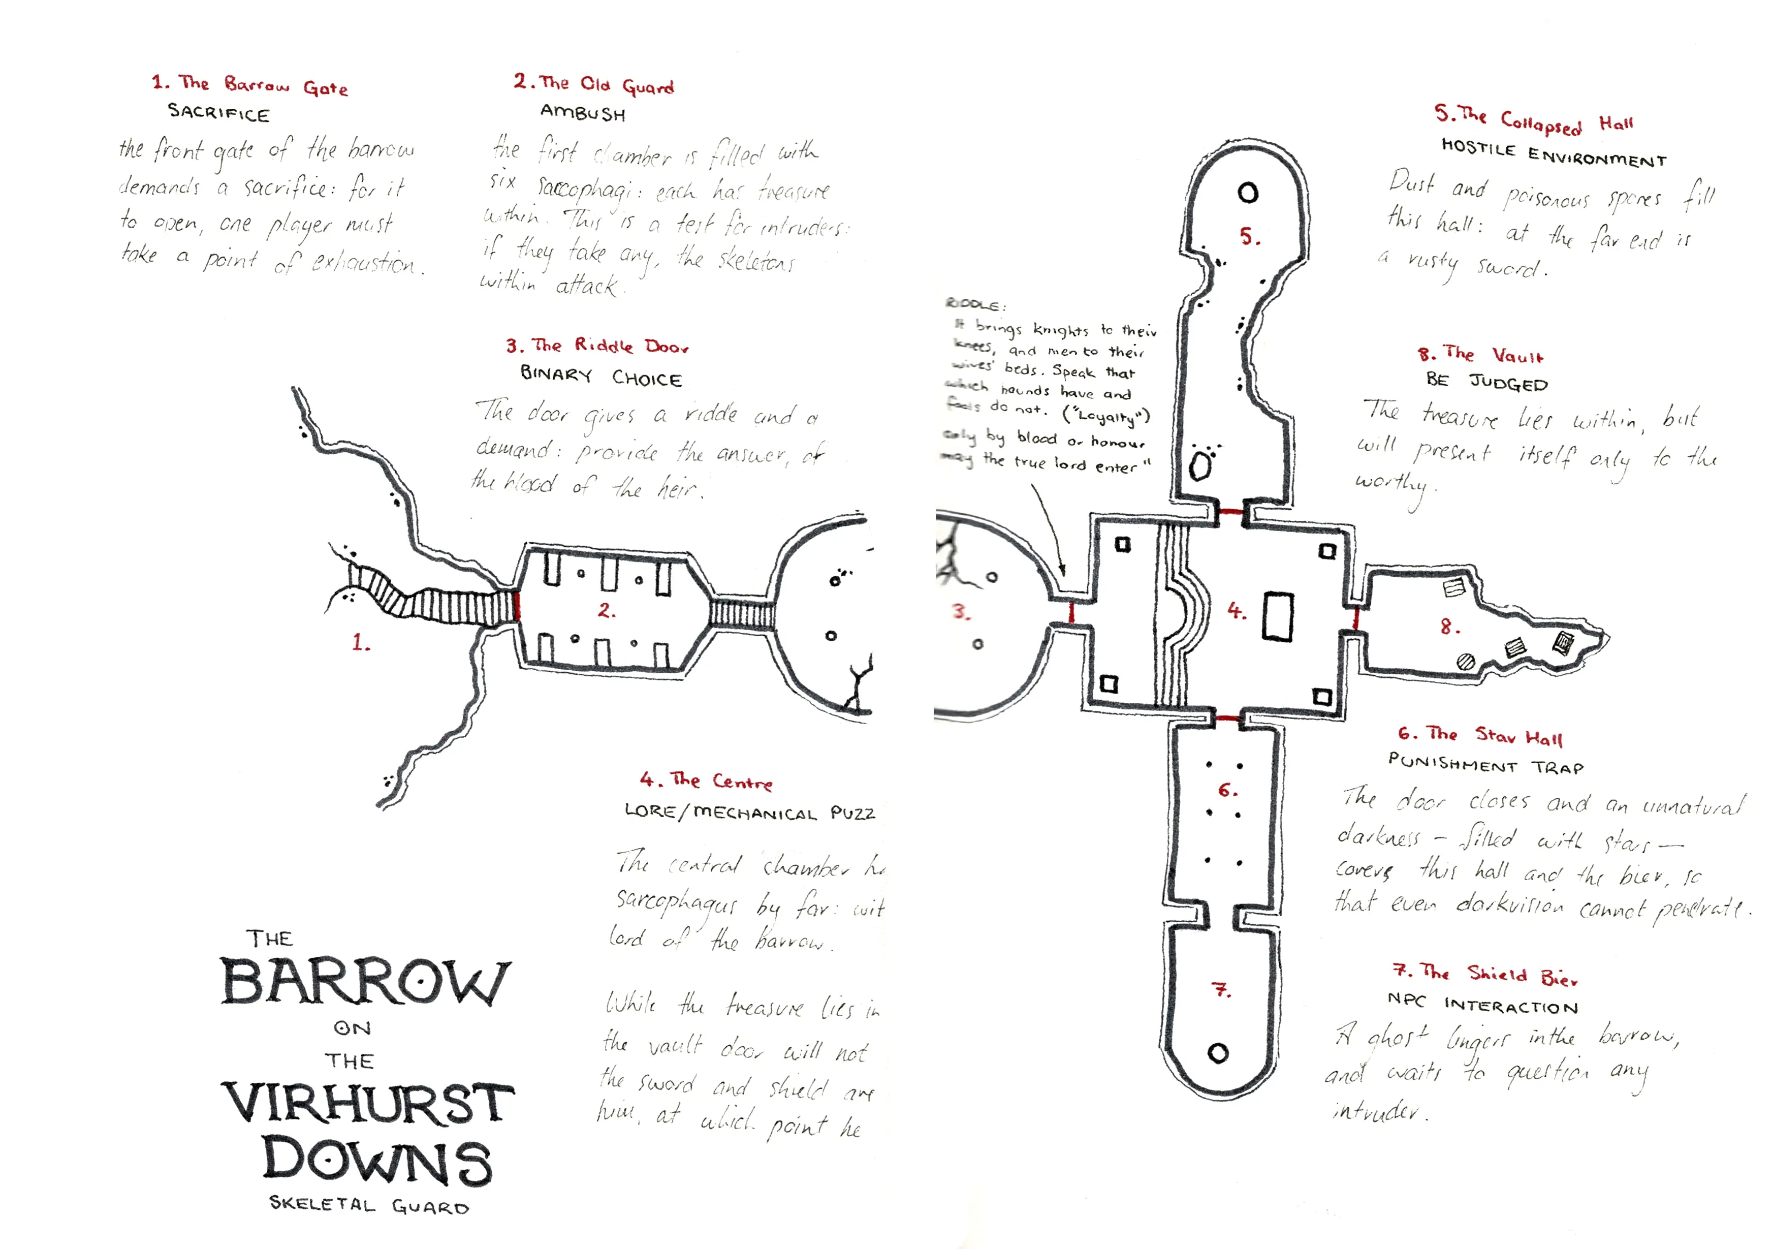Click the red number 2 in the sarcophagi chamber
pos(607,610)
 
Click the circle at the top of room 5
pos(1248,193)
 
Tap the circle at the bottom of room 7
pos(1218,1053)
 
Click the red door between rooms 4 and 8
pos(1356,617)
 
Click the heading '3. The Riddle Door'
pos(596,346)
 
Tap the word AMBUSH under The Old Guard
pos(583,113)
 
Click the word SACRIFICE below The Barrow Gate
pos(218,113)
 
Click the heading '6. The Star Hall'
pos(1479,736)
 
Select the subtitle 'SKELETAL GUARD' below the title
pos(369,1205)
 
